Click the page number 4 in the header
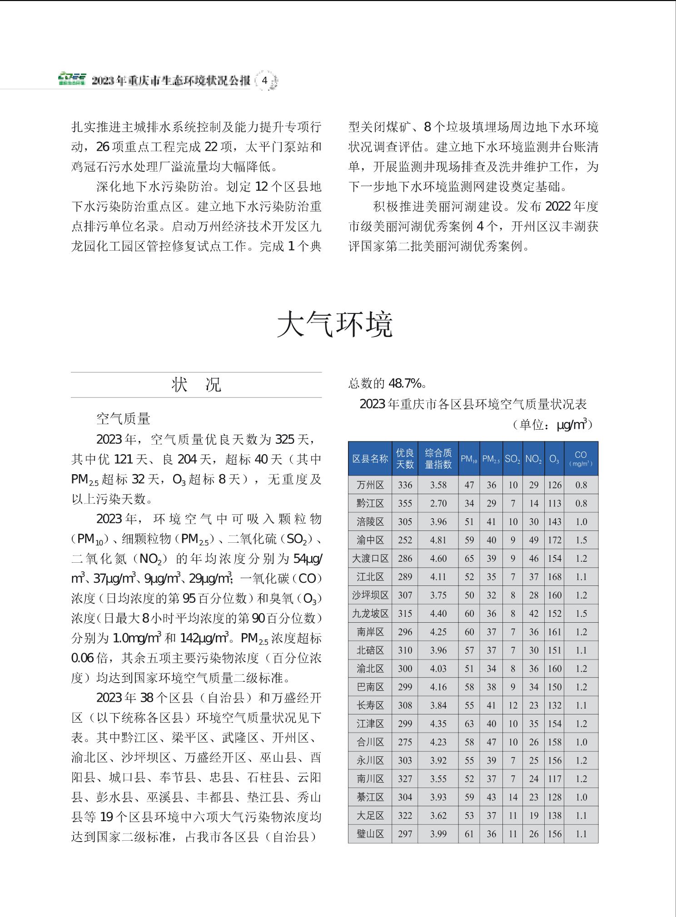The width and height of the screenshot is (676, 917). pos(264,81)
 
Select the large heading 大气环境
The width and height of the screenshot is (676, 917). pos(335,324)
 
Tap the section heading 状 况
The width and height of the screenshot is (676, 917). pos(196,385)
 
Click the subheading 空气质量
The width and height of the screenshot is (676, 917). pos(123,418)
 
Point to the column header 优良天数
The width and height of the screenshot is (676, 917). pos(405,458)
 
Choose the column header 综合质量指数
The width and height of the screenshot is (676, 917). pos(438,458)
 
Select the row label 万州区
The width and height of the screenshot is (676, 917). pos(370,485)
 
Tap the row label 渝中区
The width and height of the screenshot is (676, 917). pos(370,540)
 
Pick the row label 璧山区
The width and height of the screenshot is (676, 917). pos(370,834)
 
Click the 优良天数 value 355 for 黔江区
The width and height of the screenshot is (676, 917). pos(405,503)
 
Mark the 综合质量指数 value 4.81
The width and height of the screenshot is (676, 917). pos(438,540)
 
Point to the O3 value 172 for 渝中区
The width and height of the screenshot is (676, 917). pos(554,540)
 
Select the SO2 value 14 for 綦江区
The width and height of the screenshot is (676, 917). pos(513,797)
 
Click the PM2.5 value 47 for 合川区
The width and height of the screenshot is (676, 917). pos(491,742)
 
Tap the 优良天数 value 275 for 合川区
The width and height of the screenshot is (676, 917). pos(405,742)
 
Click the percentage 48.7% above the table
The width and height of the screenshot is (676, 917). pos(405,384)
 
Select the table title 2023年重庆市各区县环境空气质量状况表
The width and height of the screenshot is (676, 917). pos(473,404)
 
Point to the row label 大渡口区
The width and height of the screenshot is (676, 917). pos(370,559)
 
